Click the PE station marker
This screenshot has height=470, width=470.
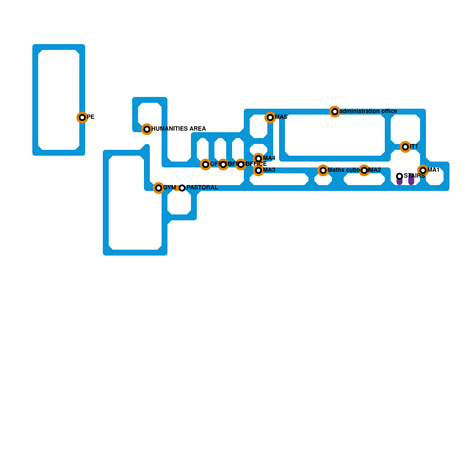82,117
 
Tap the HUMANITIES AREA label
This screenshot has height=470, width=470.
178,129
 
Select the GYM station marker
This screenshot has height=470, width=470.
159,188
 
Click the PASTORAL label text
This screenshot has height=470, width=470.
202,188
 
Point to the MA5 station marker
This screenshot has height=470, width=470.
270,117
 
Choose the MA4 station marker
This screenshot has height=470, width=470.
258,159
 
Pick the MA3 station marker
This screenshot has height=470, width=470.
258,170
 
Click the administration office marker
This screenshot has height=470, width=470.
335,112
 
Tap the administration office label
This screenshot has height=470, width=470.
368,111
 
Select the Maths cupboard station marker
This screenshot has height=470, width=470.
323,170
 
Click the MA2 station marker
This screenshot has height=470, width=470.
364,170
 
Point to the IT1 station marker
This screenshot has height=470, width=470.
405,147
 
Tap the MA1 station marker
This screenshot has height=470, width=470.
423,170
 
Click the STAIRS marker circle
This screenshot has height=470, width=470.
399,176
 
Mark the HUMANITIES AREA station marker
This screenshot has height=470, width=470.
147,129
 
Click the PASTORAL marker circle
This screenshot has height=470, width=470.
182,188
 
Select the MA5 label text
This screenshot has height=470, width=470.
281,117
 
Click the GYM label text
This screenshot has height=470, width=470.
169,188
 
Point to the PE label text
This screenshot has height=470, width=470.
90,117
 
